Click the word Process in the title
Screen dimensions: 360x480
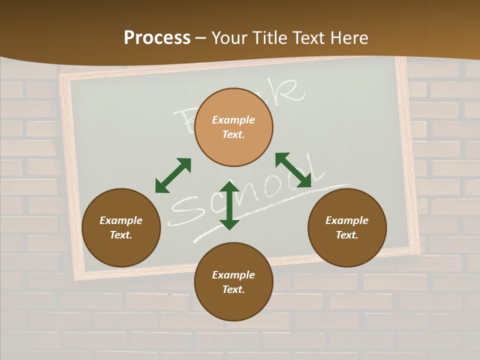tap(157, 38)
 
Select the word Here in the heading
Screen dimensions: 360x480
tap(347, 38)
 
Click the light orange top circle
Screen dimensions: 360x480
tap(233, 127)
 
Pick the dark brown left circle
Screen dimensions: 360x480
tap(121, 227)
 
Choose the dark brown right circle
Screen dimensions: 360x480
tap(347, 227)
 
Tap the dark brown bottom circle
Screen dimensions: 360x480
tap(233, 282)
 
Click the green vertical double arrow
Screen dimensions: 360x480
tap(229, 205)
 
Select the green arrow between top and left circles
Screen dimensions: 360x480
tap(173, 175)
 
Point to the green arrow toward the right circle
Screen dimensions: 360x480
tap(293, 170)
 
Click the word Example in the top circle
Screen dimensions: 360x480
tap(233, 120)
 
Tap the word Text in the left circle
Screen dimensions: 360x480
tap(121, 235)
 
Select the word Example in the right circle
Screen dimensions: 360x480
tap(347, 220)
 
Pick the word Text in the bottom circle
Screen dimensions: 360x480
tap(233, 289)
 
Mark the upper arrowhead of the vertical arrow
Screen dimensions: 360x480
tap(229, 187)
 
